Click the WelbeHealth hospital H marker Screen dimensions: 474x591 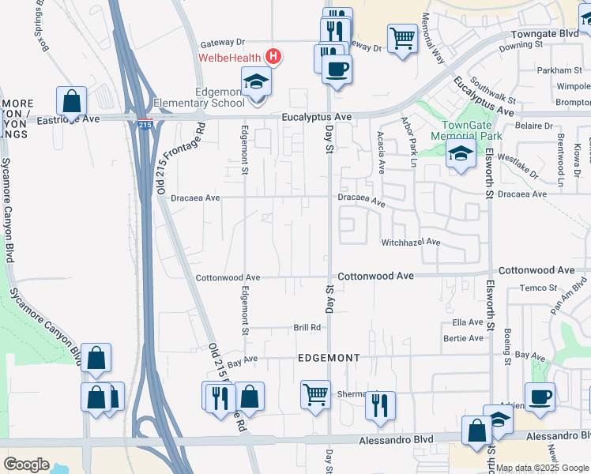tap(273, 56)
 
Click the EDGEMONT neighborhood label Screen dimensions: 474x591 tap(329, 358)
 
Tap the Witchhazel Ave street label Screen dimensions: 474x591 tap(410, 243)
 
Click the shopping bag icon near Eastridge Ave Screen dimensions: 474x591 tap(71, 101)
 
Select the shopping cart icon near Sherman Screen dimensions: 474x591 tap(315, 393)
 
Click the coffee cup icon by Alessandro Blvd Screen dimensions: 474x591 tap(540, 397)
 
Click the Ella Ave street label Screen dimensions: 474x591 tap(468, 322)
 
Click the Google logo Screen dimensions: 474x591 tap(26, 465)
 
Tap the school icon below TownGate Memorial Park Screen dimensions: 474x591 tap(461, 156)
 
